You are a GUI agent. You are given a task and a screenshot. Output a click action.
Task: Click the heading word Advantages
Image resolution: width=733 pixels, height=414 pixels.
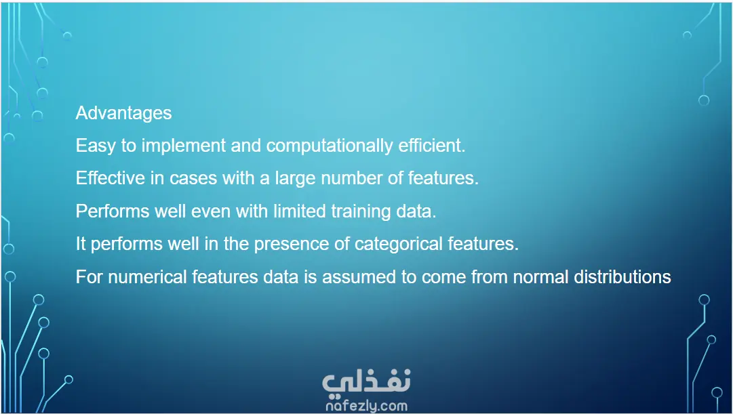[x=124, y=113]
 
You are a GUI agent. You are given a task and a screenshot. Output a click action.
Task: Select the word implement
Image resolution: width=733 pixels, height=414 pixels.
[x=184, y=146]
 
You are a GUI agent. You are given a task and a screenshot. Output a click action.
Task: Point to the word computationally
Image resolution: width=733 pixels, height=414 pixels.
[x=330, y=146]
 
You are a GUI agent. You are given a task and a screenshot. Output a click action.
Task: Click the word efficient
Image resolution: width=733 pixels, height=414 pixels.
[x=432, y=145]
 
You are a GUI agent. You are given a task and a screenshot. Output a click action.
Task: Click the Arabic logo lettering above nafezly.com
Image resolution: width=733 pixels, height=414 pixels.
[x=366, y=381]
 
